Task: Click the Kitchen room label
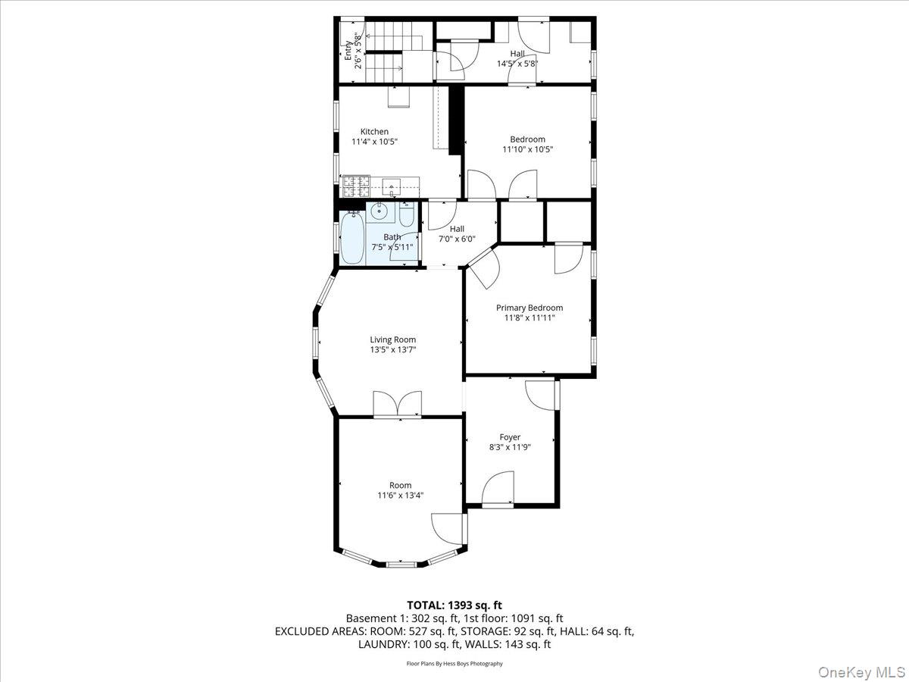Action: [374, 132]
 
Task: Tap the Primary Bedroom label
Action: [529, 308]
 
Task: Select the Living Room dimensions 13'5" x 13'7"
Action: [393, 350]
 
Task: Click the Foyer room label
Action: [510, 437]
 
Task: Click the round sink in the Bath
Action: [380, 211]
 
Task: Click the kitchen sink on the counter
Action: [392, 185]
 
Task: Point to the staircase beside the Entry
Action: [388, 53]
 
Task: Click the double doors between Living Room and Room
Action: [397, 404]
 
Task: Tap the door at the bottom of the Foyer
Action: [498, 489]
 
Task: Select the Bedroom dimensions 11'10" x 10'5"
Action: [527, 149]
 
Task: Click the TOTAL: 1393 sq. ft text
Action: [454, 605]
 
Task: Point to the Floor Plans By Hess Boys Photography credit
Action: [454, 664]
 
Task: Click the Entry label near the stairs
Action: [348, 51]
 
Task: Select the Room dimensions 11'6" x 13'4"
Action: [401, 496]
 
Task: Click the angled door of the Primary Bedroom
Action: [483, 269]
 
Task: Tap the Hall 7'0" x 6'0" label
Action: [458, 234]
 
